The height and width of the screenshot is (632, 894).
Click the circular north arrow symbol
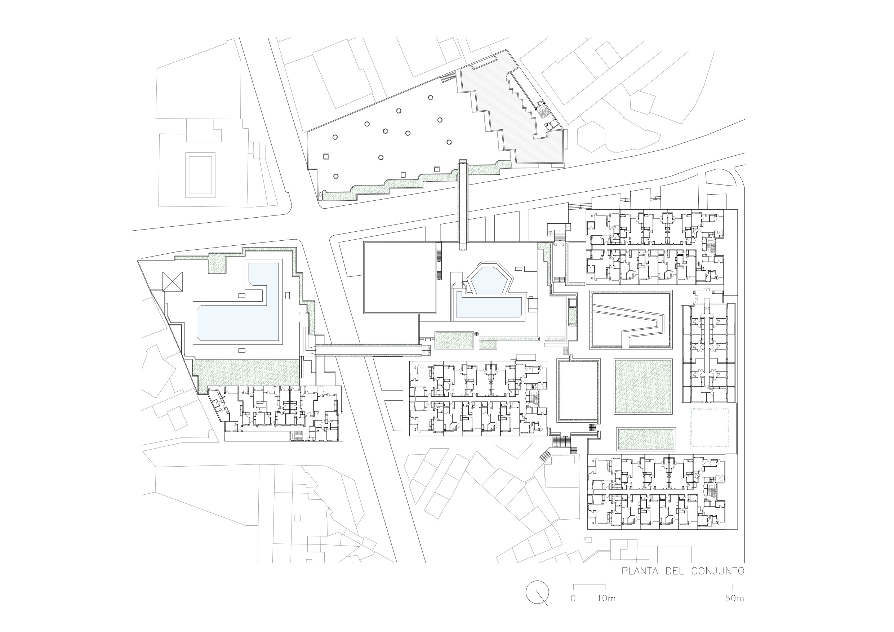point(537,592)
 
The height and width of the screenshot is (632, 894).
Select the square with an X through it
point(173,281)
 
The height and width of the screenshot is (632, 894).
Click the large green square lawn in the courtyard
point(643,386)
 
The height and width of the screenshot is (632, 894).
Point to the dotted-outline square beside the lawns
point(710,427)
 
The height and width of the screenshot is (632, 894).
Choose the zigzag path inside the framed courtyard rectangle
point(631,320)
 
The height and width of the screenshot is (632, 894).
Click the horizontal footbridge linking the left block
point(368,350)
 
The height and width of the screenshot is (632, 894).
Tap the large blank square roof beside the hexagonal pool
point(399,277)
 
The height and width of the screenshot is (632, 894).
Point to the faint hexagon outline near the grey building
point(591,136)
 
